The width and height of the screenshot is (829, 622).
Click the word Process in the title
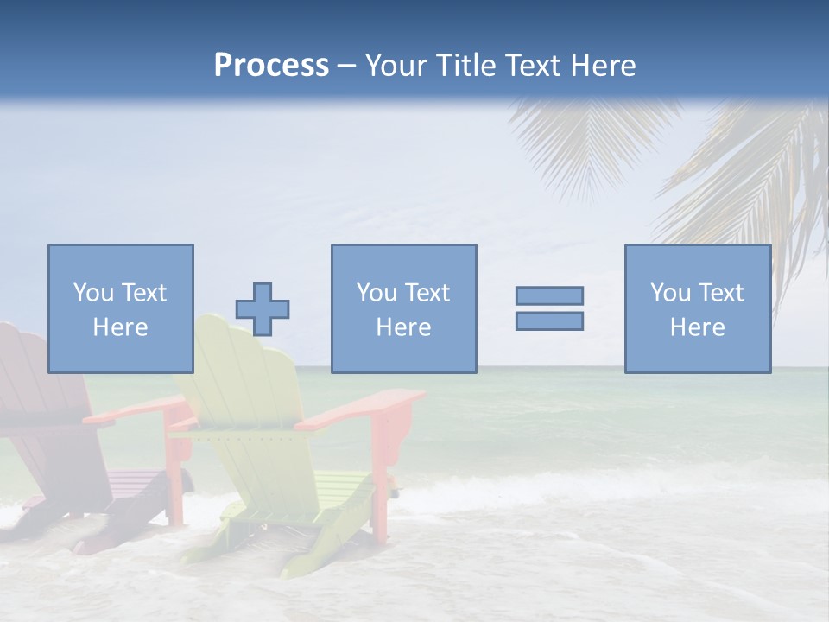271,66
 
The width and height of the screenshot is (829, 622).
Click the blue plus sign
263,309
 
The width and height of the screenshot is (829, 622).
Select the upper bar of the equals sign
549,295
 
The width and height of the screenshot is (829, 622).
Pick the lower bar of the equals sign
549,321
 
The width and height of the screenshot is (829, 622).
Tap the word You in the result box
670,293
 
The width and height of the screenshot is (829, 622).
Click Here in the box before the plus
120,327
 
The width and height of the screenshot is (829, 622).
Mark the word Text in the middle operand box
427,293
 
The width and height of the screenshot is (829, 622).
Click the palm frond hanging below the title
587,147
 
